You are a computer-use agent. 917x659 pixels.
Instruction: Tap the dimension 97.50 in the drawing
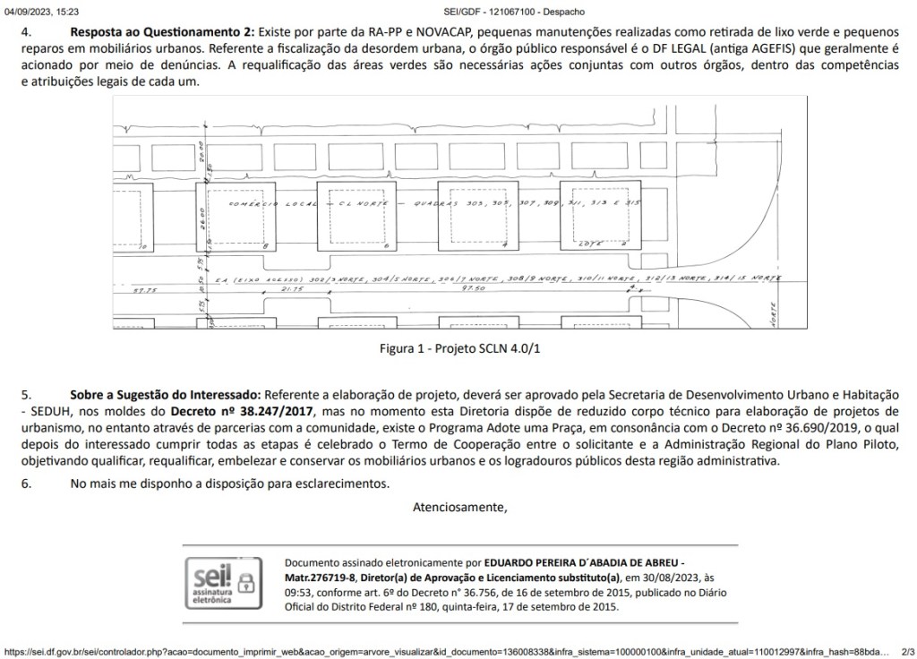pyautogui.click(x=474, y=289)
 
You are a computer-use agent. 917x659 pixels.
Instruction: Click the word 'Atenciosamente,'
pyautogui.click(x=459, y=508)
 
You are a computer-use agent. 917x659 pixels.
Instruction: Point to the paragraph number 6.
pyautogui.click(x=27, y=484)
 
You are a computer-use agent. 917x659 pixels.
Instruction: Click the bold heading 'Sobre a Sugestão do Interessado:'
pyautogui.click(x=166, y=395)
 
